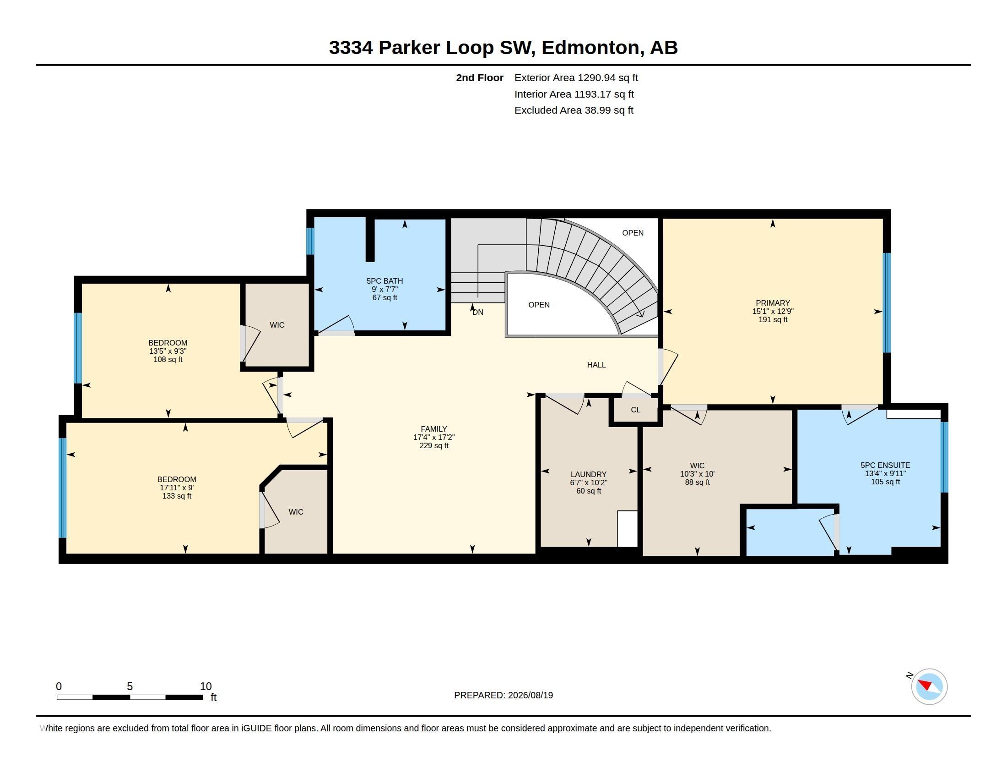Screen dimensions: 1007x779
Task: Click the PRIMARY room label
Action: (x=773, y=303)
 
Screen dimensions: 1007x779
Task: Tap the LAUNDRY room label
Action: (x=588, y=474)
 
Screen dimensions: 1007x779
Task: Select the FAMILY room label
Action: (x=433, y=429)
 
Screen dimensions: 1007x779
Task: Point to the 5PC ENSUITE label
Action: (x=885, y=465)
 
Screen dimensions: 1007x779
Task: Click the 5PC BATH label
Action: (x=384, y=280)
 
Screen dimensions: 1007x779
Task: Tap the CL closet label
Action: (x=635, y=410)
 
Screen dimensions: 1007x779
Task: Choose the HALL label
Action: (x=596, y=365)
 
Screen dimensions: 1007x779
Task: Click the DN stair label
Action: (x=478, y=312)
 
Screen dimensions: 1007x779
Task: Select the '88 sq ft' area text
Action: (x=697, y=482)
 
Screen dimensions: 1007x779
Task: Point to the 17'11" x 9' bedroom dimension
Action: (x=177, y=488)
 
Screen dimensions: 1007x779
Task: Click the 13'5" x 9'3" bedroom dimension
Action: (x=168, y=351)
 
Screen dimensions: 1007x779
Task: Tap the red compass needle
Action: (x=926, y=684)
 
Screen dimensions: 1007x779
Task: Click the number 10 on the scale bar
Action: (x=206, y=686)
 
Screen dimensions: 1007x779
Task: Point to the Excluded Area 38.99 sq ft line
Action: (x=574, y=110)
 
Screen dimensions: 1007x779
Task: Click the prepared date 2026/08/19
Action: (x=531, y=695)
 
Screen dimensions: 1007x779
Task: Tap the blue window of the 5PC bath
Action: (x=310, y=241)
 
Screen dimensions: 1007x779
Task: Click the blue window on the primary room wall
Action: (x=886, y=303)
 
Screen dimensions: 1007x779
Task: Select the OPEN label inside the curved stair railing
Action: (x=539, y=305)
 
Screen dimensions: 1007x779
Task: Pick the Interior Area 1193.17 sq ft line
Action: (x=574, y=94)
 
